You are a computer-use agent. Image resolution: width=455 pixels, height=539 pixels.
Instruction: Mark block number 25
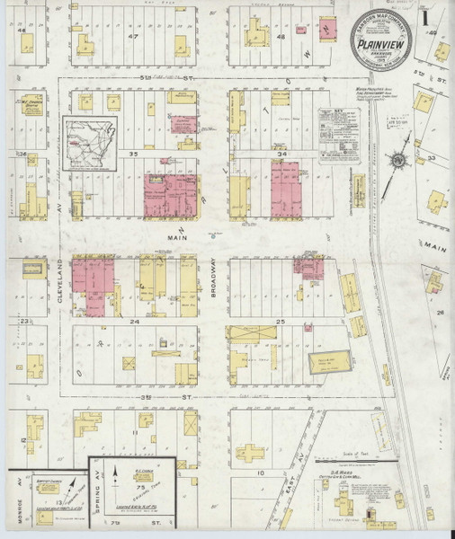(x=280, y=320)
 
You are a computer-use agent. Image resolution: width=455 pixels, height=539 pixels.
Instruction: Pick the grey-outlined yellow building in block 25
(x=323, y=363)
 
